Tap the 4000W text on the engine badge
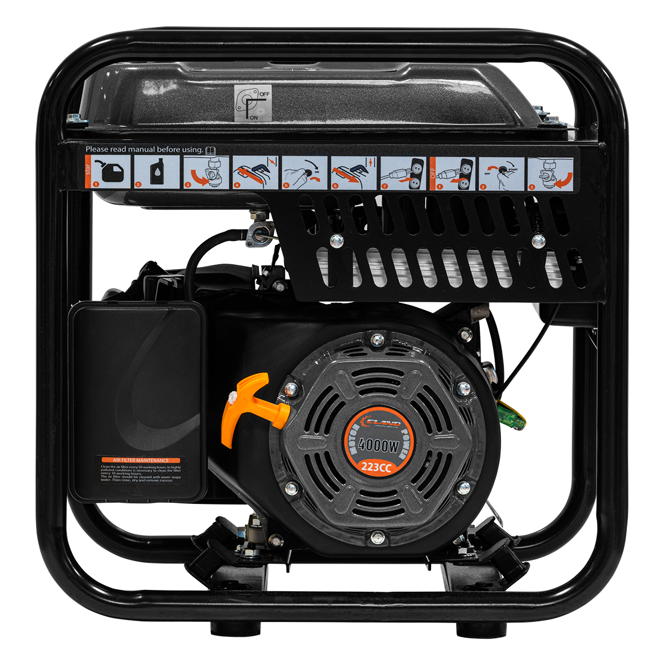(378, 445)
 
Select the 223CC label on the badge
(379, 465)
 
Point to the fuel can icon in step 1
(108, 172)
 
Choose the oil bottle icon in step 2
(157, 172)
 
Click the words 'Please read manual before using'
(144, 149)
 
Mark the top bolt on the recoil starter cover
(377, 340)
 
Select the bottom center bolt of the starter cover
(377, 536)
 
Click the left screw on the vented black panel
(336, 241)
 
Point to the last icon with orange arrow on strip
(548, 173)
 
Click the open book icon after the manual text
(210, 149)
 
